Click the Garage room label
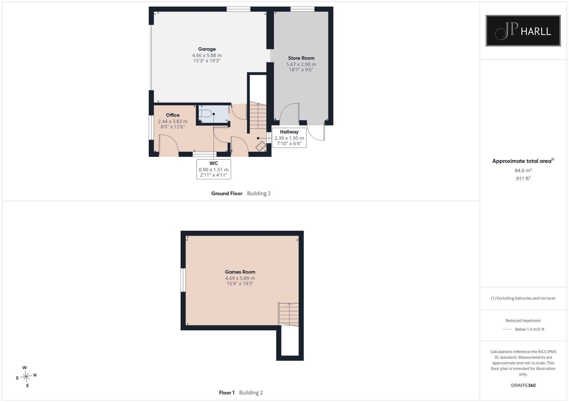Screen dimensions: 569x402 [x=207, y=49]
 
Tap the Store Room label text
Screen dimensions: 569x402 [x=301, y=58]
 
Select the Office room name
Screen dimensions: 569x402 [x=173, y=115]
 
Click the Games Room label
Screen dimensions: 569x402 [x=240, y=272]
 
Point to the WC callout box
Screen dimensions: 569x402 [x=214, y=169]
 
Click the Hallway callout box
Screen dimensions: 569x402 [x=289, y=138]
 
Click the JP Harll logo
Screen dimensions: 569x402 [x=523, y=31]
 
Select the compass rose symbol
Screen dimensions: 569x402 [x=26, y=377]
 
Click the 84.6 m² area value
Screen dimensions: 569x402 [x=523, y=170]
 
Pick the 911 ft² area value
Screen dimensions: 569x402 [x=523, y=178]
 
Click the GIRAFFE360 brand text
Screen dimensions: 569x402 [x=523, y=386]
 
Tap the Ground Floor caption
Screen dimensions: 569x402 [x=226, y=193]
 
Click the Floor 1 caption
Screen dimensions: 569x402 [x=226, y=393]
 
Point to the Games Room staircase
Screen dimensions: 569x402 [x=288, y=314]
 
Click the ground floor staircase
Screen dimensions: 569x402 [x=258, y=116]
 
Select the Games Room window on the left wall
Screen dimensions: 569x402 [x=183, y=280]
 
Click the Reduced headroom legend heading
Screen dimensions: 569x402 [x=523, y=320]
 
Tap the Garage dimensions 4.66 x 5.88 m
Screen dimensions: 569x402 [x=207, y=55]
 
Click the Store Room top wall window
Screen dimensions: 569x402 [x=302, y=9]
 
